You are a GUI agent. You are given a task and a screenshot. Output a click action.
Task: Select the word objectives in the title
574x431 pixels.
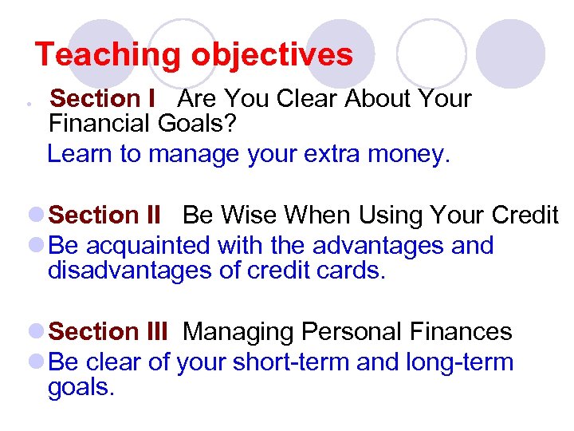pos(271,55)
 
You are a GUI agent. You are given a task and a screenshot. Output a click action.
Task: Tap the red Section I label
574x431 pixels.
pos(102,99)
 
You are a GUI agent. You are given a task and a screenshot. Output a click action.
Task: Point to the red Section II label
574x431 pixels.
pos(105,215)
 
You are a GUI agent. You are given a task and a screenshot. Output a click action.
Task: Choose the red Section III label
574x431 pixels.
pos(108,331)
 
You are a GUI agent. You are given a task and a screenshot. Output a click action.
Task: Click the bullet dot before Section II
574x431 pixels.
pos(36,215)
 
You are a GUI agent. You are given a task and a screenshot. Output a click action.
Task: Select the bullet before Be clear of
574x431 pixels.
pos(36,362)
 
